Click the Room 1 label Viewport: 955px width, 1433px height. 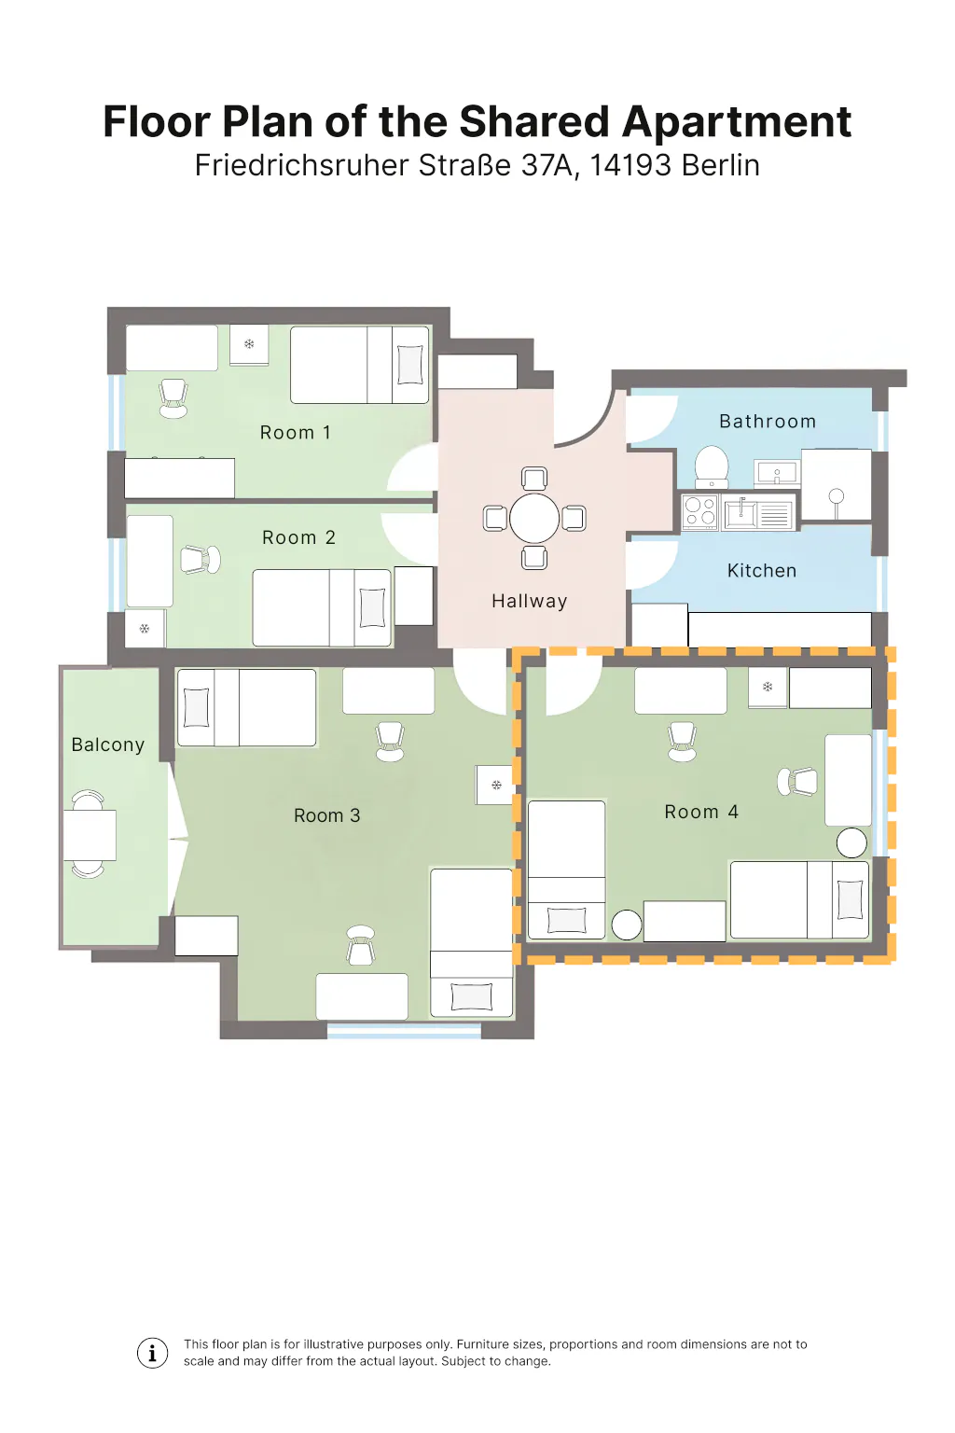tap(295, 433)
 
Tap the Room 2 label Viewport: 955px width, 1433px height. tap(298, 537)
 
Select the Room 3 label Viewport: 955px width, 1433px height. tap(326, 815)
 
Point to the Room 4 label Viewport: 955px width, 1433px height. tap(701, 812)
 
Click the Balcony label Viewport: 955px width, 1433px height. tap(108, 744)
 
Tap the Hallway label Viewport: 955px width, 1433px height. tap(530, 602)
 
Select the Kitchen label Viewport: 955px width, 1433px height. tap(762, 571)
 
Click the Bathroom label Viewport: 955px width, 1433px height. tap(768, 421)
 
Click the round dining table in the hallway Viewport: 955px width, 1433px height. tap(534, 518)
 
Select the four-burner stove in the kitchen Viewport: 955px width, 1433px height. tap(699, 512)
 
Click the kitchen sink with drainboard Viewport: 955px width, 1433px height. tap(758, 513)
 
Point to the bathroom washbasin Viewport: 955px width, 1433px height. tap(777, 473)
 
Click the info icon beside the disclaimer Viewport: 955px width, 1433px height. tap(152, 1353)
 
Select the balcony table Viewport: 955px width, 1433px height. tap(90, 835)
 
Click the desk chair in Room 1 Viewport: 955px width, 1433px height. tap(173, 398)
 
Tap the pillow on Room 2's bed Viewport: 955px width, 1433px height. tap(372, 607)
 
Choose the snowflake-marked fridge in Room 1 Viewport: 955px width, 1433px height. tap(249, 345)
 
